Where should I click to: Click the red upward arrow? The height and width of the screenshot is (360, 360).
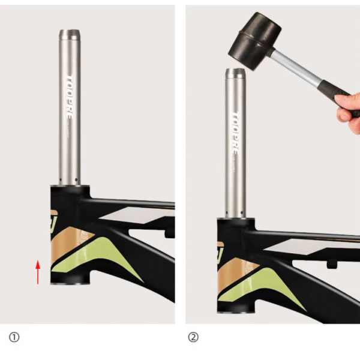pos(38,272)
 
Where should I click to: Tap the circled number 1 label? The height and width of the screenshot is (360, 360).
pos(14,337)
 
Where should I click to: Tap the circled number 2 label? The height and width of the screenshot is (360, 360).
pos(193,337)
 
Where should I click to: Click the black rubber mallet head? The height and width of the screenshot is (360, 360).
pos(254,41)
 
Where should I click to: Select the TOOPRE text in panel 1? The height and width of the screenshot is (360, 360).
pos(70,97)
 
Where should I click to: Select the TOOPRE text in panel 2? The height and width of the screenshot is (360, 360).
pos(235,133)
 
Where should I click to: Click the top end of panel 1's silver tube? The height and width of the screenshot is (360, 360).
pos(70,31)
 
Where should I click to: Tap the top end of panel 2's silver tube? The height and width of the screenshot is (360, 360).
pos(236,70)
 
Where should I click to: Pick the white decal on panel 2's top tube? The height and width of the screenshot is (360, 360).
pos(310,247)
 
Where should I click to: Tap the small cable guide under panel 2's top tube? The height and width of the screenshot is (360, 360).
pos(332,265)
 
